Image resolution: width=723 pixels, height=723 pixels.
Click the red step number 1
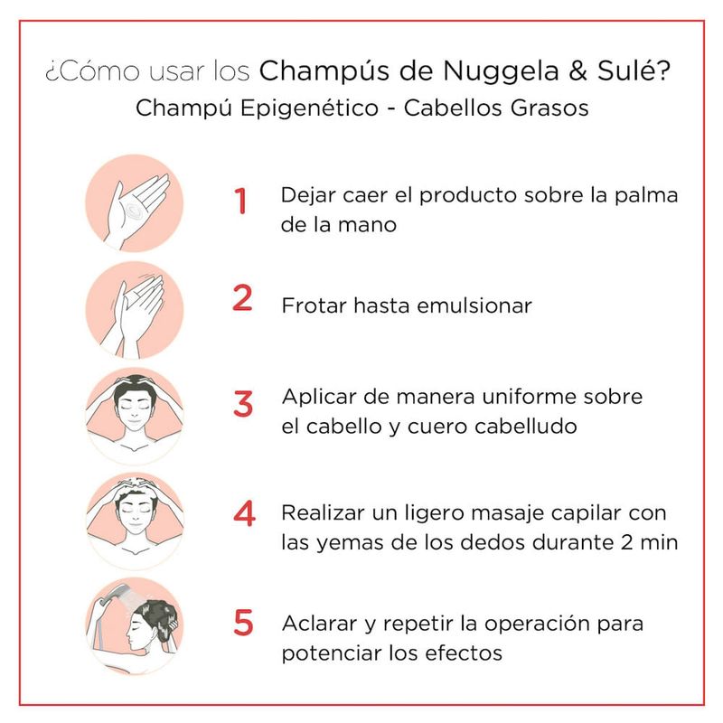point(240,201)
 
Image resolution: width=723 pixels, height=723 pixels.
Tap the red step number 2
point(242,298)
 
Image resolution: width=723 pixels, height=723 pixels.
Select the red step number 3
point(243,404)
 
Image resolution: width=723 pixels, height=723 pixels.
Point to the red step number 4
point(244,513)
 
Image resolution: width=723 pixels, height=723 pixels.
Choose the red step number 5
point(243,623)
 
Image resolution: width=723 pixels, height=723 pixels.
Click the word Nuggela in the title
point(501,71)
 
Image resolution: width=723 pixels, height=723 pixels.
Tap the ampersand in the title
point(577,70)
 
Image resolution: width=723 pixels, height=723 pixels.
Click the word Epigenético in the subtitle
point(309,108)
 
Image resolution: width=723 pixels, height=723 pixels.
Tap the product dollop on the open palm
point(135,211)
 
